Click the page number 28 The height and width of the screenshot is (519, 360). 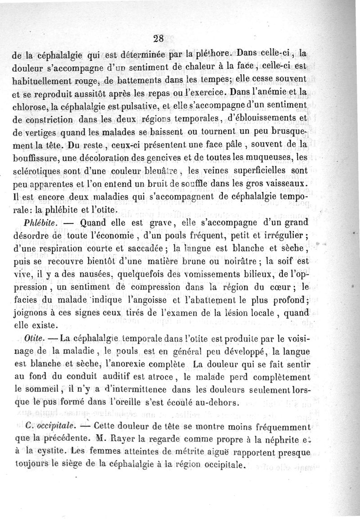[158, 38]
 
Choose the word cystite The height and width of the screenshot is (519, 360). [53, 451]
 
